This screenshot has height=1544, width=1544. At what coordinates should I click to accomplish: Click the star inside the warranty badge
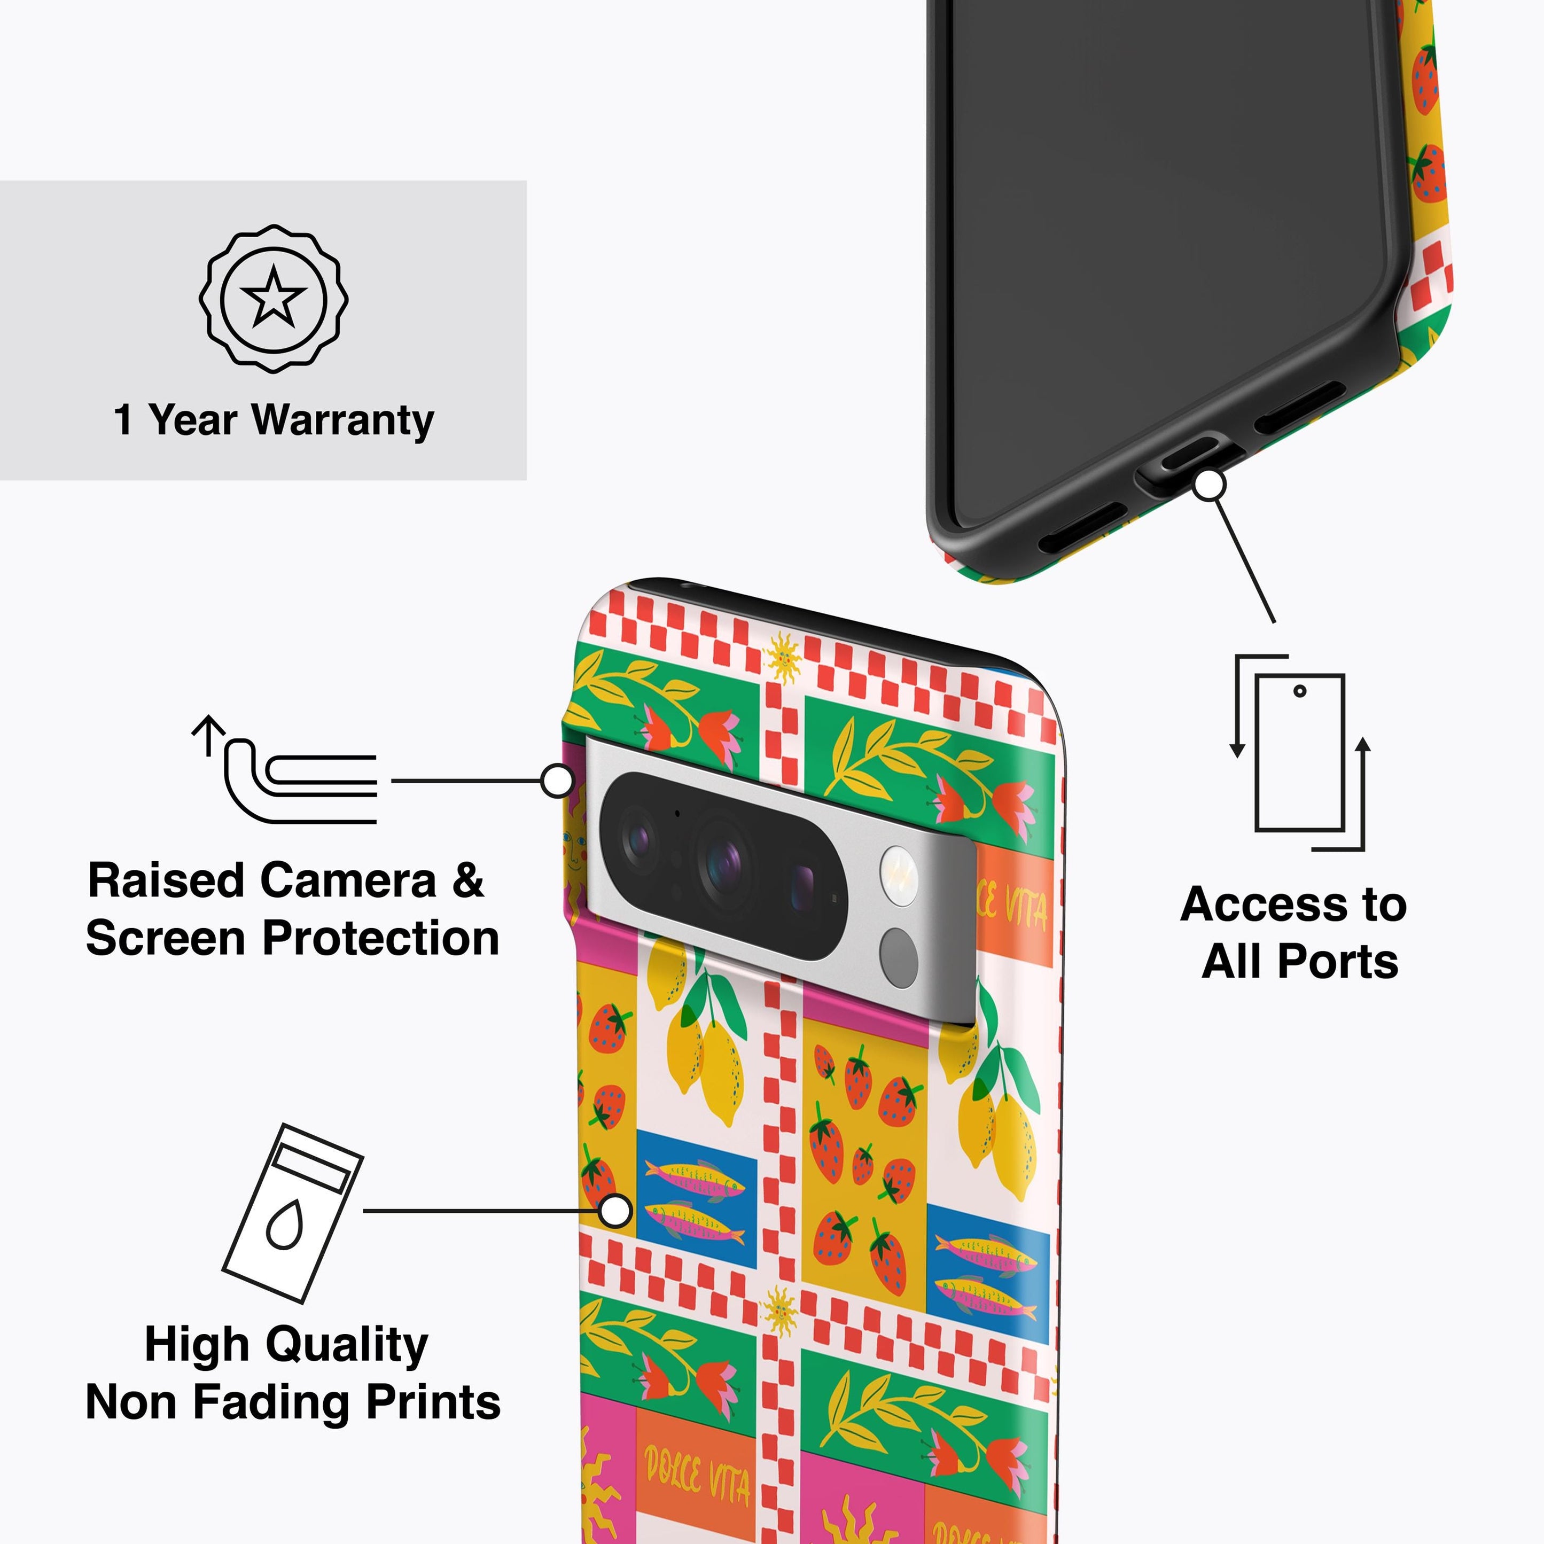[274, 297]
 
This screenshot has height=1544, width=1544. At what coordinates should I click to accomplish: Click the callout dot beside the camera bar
[557, 780]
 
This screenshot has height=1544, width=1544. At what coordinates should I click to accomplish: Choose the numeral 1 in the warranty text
[123, 420]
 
